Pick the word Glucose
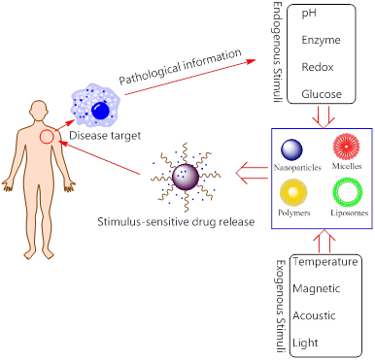coord(321,94)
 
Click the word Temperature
coord(327,262)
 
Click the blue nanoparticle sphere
coord(292,148)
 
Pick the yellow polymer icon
coord(292,190)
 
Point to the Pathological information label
coord(179,65)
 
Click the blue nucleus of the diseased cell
coord(100,113)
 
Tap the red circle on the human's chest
coord(47,138)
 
